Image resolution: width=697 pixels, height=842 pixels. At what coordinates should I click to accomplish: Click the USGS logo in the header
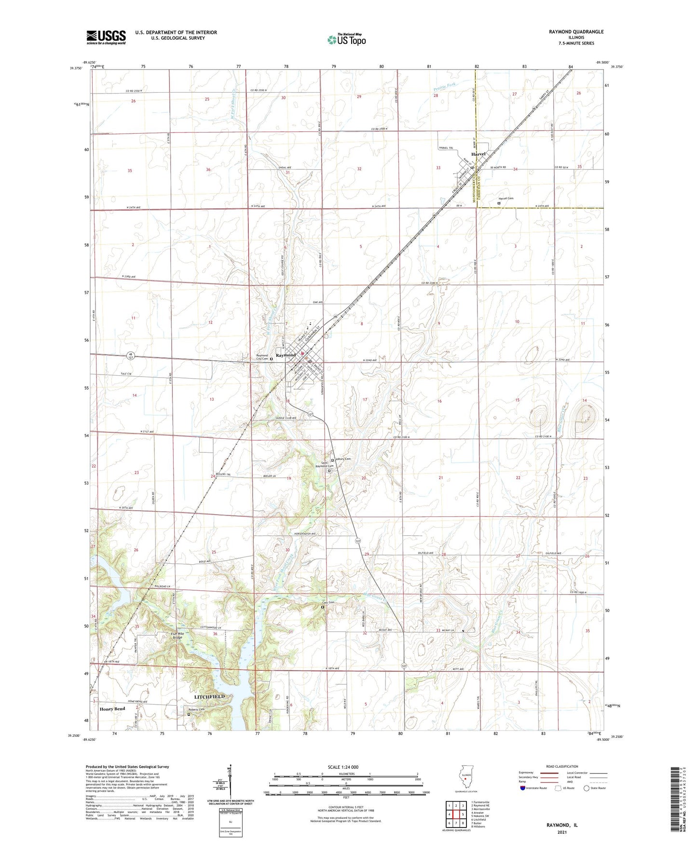106,37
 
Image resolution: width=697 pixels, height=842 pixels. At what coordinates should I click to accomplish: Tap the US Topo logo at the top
346,39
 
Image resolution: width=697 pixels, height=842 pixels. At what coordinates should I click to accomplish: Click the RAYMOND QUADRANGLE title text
576,32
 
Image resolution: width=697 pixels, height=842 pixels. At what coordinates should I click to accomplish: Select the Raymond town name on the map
286,355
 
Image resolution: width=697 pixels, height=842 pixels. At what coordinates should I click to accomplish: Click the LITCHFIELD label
209,697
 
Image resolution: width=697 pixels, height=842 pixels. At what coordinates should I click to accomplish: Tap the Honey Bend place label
112,709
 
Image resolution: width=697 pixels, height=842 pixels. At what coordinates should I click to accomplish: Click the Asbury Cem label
343,459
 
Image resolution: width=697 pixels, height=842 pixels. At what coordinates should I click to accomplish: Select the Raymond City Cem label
262,357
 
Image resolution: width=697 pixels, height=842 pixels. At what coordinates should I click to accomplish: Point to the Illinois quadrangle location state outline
465,777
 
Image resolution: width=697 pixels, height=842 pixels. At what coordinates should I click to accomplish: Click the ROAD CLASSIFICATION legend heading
562,766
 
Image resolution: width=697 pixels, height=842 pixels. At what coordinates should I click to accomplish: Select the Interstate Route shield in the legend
523,788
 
